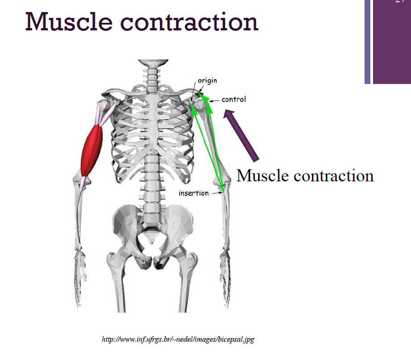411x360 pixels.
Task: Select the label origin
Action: point(207,81)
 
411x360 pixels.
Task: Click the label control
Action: point(234,99)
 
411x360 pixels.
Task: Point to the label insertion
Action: point(193,193)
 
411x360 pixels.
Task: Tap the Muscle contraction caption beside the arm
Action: point(305,175)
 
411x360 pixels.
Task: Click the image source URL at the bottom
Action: point(178,339)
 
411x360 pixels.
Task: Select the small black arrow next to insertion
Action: point(217,193)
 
